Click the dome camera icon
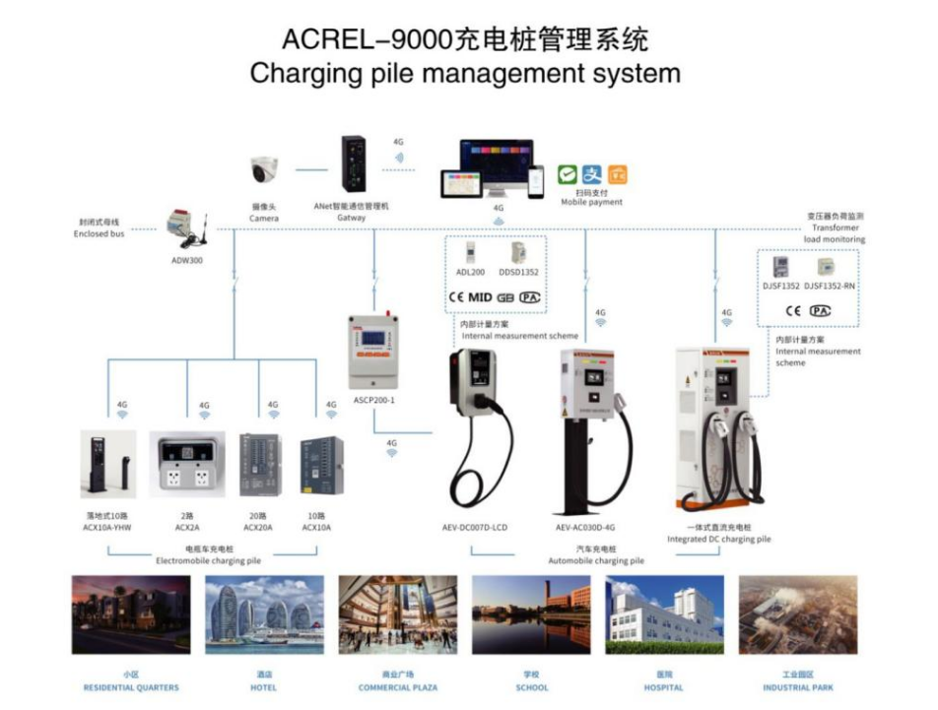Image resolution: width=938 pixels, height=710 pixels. click(x=263, y=171)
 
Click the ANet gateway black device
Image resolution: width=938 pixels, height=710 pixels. click(x=353, y=163)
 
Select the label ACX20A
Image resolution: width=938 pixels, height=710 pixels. click(x=258, y=527)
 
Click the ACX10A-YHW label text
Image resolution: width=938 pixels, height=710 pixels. click(x=108, y=527)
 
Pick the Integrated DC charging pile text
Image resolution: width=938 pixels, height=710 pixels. click(x=719, y=540)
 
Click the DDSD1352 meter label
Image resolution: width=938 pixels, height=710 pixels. click(x=518, y=272)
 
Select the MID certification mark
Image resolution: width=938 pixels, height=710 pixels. click(x=480, y=296)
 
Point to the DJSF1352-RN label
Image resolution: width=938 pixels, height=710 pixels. click(x=830, y=287)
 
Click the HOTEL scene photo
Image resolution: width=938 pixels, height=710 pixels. click(x=264, y=615)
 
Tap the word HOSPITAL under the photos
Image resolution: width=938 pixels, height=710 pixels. click(x=663, y=688)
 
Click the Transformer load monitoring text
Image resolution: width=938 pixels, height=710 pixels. click(x=834, y=233)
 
